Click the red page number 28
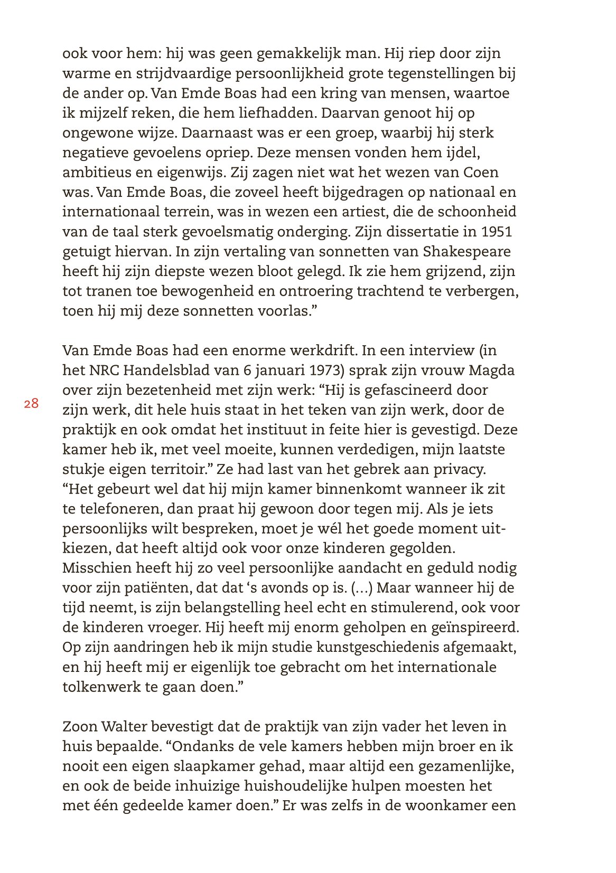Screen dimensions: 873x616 click(31, 404)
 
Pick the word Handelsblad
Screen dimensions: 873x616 click(170, 371)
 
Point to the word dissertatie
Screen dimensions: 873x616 click(423, 232)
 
